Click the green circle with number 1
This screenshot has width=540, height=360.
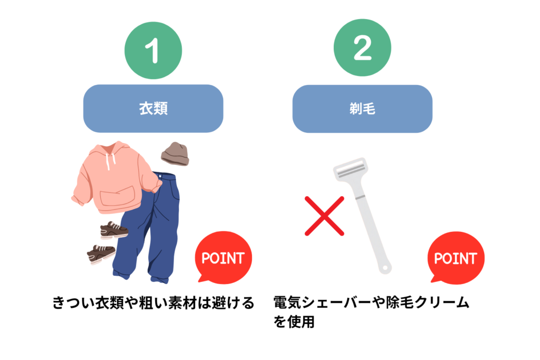click(153, 51)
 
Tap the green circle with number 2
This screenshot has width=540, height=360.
click(362, 51)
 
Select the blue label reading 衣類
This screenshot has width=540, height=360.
click(153, 109)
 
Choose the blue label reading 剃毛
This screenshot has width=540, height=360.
click(362, 109)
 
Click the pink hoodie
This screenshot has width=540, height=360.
click(113, 177)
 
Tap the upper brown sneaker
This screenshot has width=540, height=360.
click(114, 230)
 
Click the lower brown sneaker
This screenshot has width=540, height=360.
click(101, 254)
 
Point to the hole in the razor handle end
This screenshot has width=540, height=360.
click(387, 268)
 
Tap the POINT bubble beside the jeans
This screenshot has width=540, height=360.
click(223, 258)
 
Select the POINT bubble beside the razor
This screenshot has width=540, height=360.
click(455, 258)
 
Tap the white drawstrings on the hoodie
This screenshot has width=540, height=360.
click(109, 158)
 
